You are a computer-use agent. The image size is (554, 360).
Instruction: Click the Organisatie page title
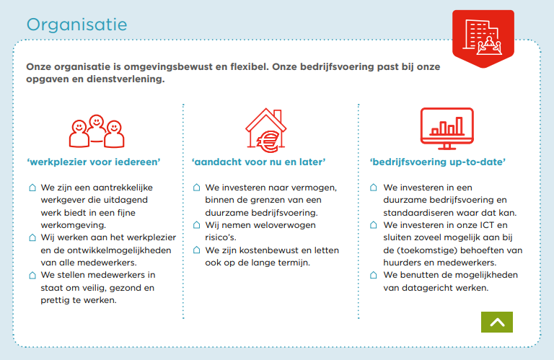[x=76, y=24]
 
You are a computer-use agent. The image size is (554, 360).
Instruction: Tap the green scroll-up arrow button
[x=496, y=322]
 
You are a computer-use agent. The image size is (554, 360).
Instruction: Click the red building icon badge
[x=483, y=38]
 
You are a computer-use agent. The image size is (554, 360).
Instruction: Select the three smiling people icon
[x=95, y=128]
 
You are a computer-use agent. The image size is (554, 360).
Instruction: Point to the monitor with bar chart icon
[x=447, y=127]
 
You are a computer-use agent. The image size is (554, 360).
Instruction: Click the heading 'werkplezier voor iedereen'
[x=94, y=162]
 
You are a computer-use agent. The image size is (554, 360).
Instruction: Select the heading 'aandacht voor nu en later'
[x=260, y=162]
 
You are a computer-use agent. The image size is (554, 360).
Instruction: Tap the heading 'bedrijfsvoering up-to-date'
[x=437, y=162]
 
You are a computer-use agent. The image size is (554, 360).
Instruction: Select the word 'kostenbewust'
[x=269, y=250]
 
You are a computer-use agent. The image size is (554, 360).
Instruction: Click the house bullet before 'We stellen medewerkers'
[x=32, y=275]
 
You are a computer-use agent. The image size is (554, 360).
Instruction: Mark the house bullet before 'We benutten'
[x=373, y=275]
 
